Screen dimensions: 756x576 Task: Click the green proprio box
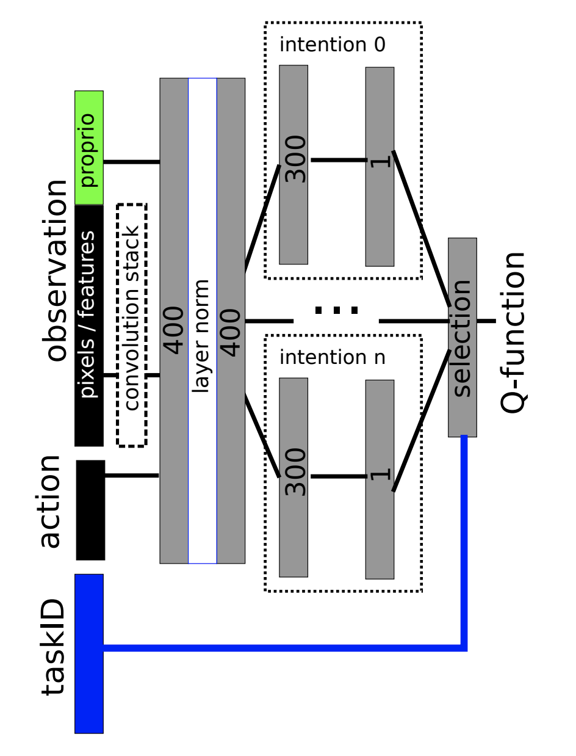point(89,148)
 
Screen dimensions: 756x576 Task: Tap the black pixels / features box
point(89,325)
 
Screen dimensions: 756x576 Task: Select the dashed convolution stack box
point(132,325)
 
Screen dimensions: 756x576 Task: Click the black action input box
point(90,510)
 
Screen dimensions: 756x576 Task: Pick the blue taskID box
point(89,653)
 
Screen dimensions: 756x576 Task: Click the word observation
point(56,271)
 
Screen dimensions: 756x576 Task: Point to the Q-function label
point(513,333)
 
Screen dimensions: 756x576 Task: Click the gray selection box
point(463,337)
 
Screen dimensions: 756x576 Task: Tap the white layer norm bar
point(202,321)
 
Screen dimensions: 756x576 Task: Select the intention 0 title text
point(332,45)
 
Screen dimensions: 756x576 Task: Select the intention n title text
point(332,357)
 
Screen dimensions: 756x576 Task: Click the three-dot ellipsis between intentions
point(336,310)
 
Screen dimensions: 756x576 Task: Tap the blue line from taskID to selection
point(281,647)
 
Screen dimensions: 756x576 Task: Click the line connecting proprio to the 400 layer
point(131,162)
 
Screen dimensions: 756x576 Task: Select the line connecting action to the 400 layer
point(132,475)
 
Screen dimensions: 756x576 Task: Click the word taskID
point(53,647)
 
